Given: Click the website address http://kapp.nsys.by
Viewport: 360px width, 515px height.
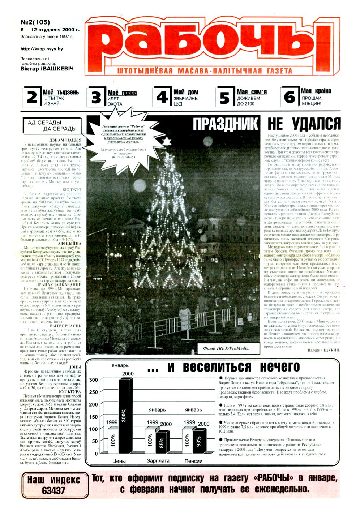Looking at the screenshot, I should coord(42,49).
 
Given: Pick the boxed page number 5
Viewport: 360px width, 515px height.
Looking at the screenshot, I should coord(225,98).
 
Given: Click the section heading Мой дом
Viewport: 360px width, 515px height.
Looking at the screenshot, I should coord(186,92).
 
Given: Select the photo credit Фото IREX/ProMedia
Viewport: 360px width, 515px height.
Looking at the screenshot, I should coord(226,348).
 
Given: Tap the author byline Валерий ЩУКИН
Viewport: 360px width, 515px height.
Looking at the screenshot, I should coord(324,350).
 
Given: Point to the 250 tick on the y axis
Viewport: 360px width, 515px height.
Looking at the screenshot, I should coord(94,392).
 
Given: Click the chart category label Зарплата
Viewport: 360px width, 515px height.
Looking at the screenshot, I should coord(158,461).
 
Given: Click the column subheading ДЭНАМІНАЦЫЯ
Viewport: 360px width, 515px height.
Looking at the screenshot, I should coord(65,140).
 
